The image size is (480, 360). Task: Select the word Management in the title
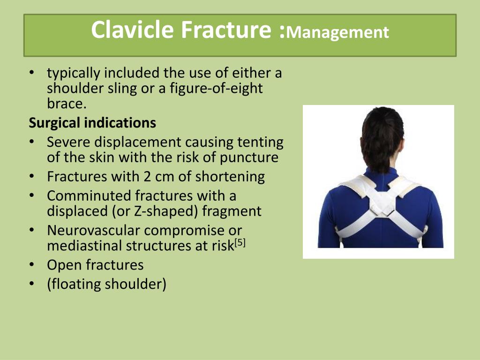point(337,32)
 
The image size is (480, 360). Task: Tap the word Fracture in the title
point(225,30)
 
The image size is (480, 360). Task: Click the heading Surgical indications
point(92,122)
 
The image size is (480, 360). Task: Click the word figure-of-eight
point(216,89)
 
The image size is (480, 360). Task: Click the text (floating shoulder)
point(106,284)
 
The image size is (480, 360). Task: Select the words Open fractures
point(95,265)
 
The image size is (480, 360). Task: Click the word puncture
point(249,158)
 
